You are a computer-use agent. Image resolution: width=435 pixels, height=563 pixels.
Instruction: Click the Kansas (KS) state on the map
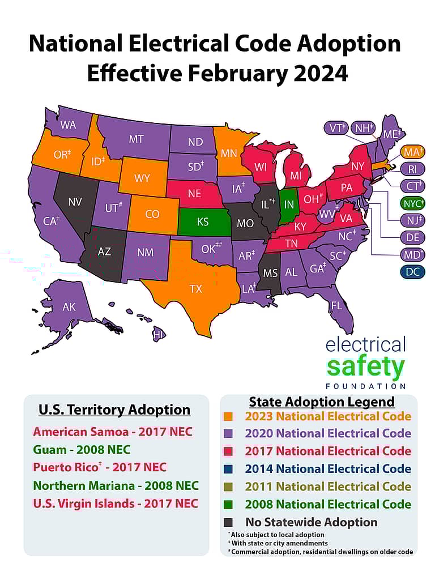[x=203, y=222]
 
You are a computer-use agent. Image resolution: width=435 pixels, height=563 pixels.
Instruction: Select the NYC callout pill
[x=412, y=203]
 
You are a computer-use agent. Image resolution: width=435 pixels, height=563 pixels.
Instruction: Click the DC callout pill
[x=412, y=272]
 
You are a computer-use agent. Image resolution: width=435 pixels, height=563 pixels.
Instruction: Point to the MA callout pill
[x=412, y=152]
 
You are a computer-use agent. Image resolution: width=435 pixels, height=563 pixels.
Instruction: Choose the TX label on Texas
[x=195, y=289]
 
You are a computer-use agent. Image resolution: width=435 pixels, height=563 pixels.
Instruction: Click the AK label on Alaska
[x=69, y=307]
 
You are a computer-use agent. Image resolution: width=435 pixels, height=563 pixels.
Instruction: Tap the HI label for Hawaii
[x=159, y=335]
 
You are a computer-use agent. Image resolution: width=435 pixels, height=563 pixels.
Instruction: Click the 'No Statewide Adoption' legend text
[x=311, y=522]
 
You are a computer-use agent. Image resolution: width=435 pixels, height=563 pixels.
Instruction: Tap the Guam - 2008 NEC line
[x=82, y=450]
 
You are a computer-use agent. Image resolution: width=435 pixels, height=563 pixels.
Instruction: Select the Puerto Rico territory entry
[x=100, y=467]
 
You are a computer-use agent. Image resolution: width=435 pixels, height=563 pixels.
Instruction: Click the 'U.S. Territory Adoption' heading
[x=114, y=410]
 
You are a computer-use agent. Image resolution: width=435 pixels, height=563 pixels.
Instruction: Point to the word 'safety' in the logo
[x=365, y=367]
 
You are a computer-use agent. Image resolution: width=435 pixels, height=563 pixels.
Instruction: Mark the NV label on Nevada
[x=75, y=201]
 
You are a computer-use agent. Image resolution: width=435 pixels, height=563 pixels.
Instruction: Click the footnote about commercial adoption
[x=320, y=552]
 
